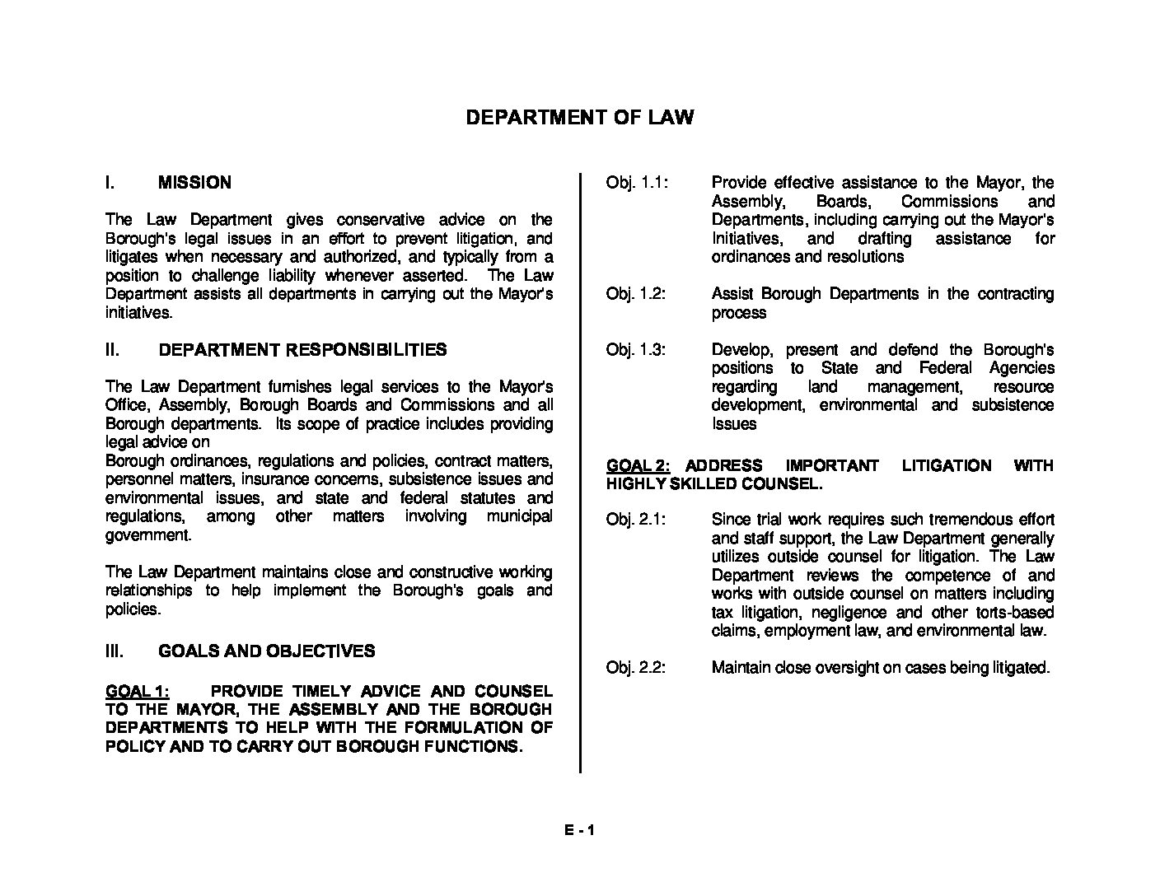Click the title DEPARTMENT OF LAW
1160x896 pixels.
click(x=579, y=117)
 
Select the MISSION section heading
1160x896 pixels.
click(x=194, y=183)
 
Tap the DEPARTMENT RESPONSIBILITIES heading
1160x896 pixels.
click(x=302, y=350)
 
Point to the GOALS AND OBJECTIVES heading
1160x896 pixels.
click(x=266, y=651)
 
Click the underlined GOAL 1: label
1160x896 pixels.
click(x=138, y=691)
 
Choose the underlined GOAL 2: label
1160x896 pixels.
click(x=638, y=466)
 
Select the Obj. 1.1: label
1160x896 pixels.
click(x=636, y=183)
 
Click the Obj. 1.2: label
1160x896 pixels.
click(x=636, y=294)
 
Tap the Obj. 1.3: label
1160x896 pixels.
click(x=636, y=350)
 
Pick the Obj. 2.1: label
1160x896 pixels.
click(x=636, y=520)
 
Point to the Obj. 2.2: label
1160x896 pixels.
click(x=636, y=668)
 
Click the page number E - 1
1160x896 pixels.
click(x=579, y=830)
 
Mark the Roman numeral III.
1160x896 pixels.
click(x=115, y=651)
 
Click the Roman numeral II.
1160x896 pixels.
click(x=113, y=350)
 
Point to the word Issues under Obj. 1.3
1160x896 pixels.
click(x=734, y=424)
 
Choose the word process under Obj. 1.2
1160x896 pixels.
click(x=739, y=313)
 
